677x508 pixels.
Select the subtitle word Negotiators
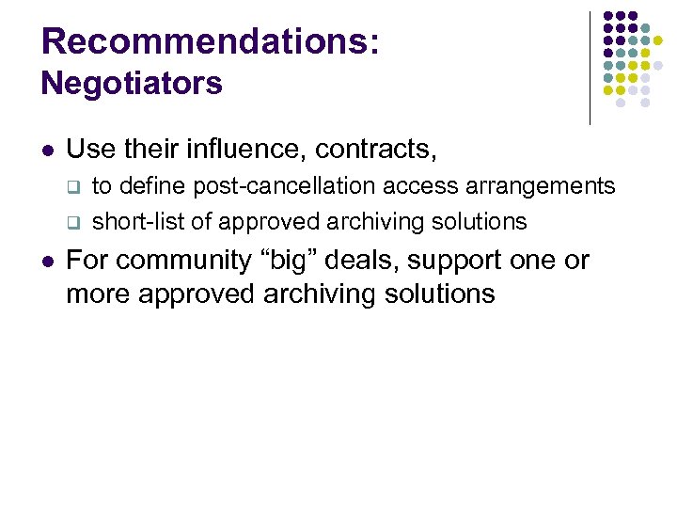click(132, 84)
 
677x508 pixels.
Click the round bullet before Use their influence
click(47, 150)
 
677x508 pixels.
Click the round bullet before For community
click(47, 261)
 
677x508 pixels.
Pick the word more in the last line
click(99, 294)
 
